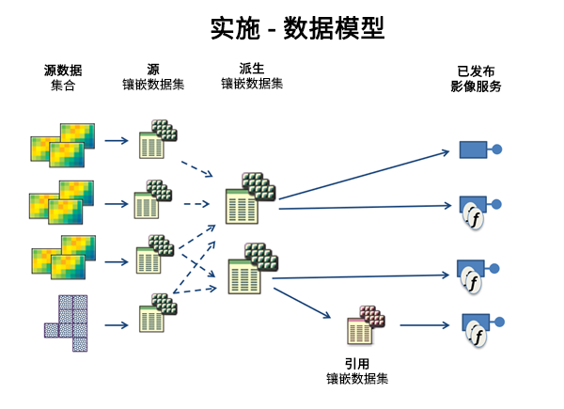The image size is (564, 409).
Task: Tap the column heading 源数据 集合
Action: click(62, 77)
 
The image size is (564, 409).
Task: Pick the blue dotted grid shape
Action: click(66, 322)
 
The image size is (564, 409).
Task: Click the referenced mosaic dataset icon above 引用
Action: click(367, 326)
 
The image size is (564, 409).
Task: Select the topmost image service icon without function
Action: click(478, 149)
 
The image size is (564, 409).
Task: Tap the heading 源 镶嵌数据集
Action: click(153, 77)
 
